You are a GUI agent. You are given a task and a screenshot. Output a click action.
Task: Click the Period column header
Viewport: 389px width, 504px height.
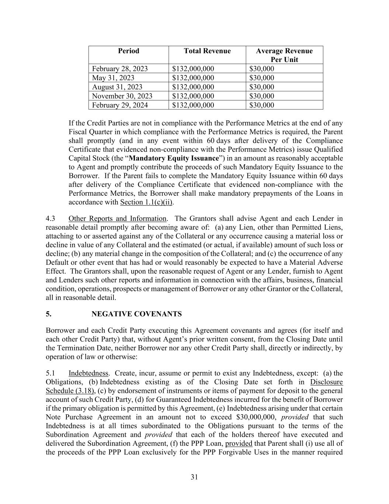[x=128, y=51]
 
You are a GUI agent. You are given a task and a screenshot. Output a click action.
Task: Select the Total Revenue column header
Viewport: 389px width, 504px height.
[x=207, y=51]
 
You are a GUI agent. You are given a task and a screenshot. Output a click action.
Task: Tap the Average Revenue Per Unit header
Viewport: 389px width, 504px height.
[x=284, y=55]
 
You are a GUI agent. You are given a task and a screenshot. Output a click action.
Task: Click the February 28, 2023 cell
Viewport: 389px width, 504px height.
[x=120, y=69]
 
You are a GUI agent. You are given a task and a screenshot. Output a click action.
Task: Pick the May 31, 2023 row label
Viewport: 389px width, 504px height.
[x=113, y=78]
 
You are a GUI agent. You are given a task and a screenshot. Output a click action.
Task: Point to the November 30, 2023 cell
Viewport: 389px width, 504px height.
[x=122, y=96]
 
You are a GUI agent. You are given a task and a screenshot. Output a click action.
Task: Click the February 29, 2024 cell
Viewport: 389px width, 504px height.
[x=120, y=105]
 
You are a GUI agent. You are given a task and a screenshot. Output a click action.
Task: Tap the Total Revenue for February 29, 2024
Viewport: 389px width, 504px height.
[x=193, y=105]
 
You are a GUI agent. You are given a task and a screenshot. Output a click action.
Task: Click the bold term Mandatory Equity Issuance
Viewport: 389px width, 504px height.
[x=174, y=158]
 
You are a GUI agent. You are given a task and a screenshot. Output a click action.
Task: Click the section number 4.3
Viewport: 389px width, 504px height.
[x=51, y=219]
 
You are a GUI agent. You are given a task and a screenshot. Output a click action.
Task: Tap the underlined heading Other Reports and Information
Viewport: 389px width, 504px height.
[x=117, y=219]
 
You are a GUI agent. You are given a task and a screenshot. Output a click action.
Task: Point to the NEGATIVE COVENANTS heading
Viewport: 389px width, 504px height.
[x=136, y=314]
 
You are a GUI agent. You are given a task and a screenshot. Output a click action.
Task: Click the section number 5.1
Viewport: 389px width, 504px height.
[x=51, y=373]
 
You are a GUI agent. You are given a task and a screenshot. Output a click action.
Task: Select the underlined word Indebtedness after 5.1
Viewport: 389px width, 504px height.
[x=88, y=373]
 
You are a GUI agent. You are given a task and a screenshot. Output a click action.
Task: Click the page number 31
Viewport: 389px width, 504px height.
[x=194, y=477]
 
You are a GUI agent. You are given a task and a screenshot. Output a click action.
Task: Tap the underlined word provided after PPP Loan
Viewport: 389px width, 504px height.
[x=239, y=444]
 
